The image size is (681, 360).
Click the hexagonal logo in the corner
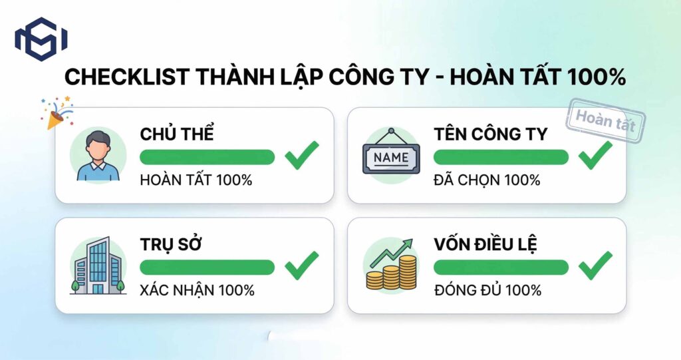(41, 39)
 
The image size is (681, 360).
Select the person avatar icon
(98, 156)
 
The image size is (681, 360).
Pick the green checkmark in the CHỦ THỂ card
(302, 155)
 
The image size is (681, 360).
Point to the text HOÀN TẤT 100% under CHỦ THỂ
(196, 180)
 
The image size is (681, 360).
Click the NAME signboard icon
(391, 156)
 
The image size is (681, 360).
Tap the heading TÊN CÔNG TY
(490, 134)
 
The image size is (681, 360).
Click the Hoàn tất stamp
(605, 120)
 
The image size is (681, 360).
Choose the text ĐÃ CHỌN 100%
(487, 180)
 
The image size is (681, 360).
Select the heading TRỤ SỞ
(171, 244)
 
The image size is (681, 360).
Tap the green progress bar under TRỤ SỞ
(207, 267)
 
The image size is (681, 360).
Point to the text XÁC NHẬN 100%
(197, 290)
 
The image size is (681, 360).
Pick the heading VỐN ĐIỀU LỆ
(485, 244)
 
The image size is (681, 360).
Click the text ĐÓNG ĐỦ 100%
(487, 290)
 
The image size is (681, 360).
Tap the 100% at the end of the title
(597, 77)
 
